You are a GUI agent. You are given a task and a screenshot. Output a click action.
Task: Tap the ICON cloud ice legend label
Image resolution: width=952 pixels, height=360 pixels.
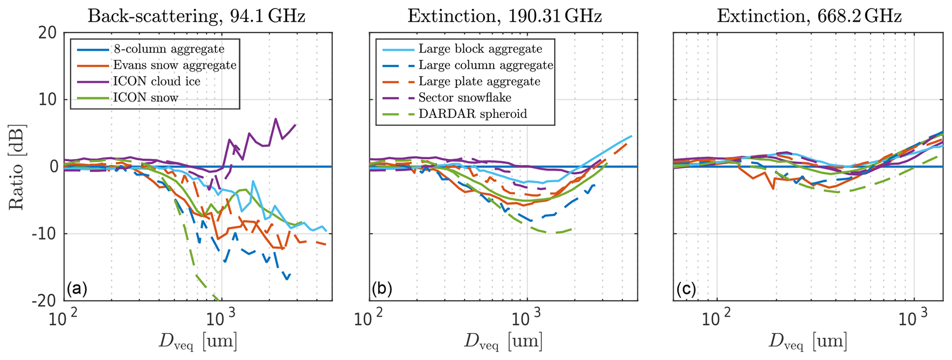pyautogui.click(x=156, y=81)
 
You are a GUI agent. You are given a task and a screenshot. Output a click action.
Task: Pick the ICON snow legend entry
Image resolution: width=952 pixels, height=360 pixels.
pyautogui.click(x=145, y=97)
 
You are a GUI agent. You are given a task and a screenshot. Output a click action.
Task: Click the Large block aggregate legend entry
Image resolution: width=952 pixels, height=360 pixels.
pyautogui.click(x=480, y=49)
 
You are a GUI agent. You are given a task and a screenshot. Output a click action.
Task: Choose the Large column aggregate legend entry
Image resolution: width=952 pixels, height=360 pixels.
pyautogui.click(x=485, y=65)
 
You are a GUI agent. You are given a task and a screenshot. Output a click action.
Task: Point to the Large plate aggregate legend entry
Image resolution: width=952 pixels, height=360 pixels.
pyautogui.click(x=479, y=81)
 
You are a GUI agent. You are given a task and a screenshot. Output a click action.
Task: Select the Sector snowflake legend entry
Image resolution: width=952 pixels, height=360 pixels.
pyautogui.click(x=465, y=97)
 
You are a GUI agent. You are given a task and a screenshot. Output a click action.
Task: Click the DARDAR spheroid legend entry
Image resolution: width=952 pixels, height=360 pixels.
pyautogui.click(x=473, y=114)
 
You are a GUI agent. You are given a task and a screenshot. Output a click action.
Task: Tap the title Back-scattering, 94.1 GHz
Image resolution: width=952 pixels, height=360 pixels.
pyautogui.click(x=196, y=16)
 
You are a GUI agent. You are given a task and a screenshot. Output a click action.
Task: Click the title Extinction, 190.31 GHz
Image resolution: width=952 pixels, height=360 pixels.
pyautogui.click(x=504, y=16)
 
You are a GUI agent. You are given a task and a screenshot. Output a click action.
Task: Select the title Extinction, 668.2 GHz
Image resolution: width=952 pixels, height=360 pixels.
pyautogui.click(x=809, y=16)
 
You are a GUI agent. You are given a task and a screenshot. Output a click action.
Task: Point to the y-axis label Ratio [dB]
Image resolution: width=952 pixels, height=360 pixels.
pyautogui.click(x=17, y=167)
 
